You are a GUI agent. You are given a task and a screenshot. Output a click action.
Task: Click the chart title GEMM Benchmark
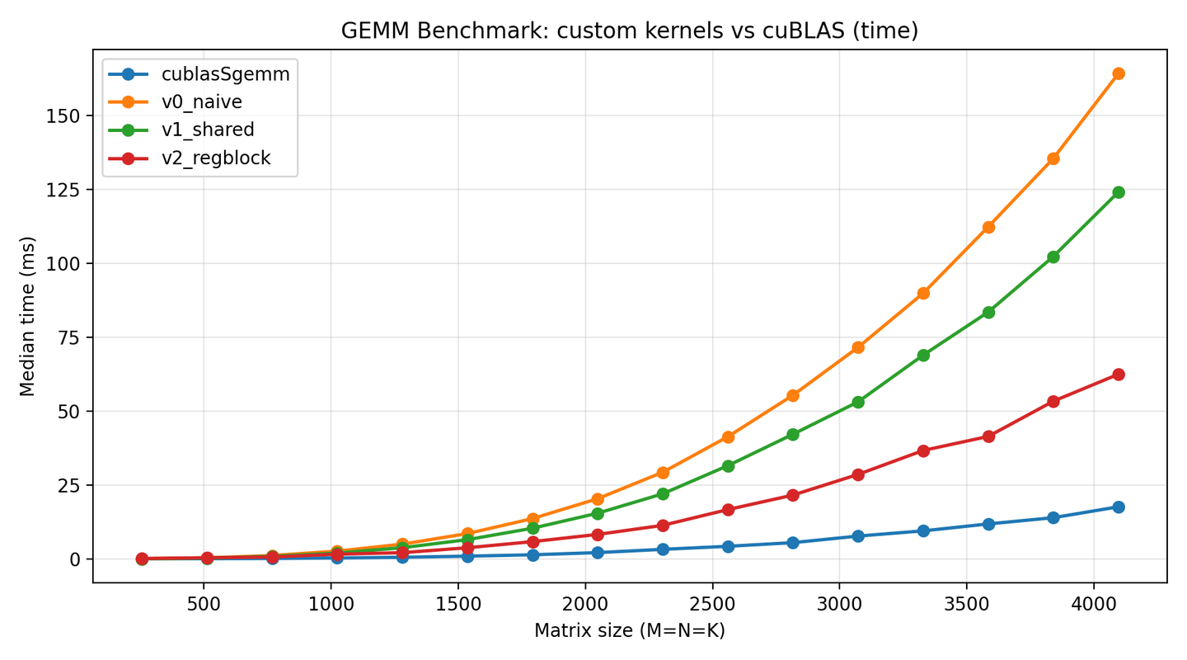435,31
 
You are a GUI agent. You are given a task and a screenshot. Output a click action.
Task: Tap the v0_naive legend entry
176,101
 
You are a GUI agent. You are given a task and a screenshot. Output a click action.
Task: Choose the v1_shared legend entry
181,130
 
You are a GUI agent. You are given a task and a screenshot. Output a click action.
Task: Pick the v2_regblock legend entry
190,158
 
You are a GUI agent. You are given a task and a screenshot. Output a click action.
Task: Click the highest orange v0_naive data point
1119,73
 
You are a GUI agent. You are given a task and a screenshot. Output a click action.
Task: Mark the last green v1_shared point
1119,192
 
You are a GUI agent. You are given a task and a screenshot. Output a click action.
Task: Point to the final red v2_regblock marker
1119,375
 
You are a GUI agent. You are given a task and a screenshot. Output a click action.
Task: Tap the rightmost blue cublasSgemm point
1119,507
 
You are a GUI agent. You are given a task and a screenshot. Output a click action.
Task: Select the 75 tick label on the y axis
68,338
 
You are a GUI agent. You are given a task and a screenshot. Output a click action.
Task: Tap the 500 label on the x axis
204,604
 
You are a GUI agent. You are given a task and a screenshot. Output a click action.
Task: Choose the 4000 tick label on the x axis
1095,604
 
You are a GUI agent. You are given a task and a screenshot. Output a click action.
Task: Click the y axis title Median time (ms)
27,316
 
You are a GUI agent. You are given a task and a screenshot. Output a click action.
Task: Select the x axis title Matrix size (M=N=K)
630,630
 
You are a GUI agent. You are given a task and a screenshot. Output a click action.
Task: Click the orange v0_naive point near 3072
858,347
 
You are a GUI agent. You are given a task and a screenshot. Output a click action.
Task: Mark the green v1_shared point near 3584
989,313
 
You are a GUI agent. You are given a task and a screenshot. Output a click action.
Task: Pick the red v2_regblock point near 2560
728,510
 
